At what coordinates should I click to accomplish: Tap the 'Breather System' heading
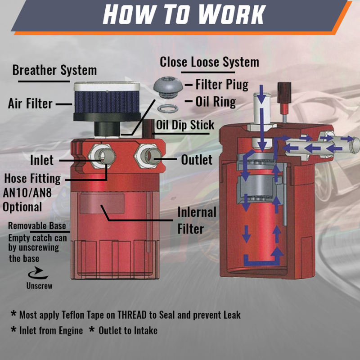pos(54,70)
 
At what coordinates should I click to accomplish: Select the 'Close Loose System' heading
pos(209,62)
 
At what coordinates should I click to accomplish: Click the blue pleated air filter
pos(107,102)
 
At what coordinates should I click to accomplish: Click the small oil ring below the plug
pos(167,108)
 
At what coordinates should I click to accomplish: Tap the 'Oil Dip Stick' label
pos(185,125)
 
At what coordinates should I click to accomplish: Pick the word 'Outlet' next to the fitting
pos(197,160)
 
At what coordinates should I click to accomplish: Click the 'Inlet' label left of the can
pos(42,160)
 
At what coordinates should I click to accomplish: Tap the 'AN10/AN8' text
pos(27,193)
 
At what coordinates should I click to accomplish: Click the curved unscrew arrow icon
pos(38,273)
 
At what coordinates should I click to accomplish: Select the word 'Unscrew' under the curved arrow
pos(39,286)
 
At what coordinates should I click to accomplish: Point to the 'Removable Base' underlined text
pos(37,226)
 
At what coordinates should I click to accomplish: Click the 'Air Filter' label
pos(30,103)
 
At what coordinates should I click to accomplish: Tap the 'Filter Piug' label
pos(222,85)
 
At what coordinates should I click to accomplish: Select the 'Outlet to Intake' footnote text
pos(128,331)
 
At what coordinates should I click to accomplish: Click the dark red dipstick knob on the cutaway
pos(284,93)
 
